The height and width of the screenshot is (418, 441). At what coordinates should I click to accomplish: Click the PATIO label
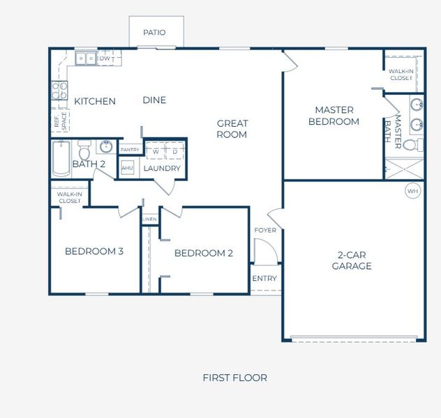coord(154,32)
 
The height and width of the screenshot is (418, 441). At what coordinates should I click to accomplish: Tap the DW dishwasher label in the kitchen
coord(105,59)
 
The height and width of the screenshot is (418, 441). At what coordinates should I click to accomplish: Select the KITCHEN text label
coord(95,101)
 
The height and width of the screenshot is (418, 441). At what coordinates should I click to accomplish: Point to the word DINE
coord(154,100)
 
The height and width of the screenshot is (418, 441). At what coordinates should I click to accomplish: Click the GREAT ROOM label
coord(232,129)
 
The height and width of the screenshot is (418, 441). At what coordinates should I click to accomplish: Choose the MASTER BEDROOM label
coord(334,116)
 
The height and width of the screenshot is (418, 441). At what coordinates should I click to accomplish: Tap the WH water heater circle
coord(412,190)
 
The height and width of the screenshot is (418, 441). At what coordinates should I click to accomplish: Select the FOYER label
coord(264,231)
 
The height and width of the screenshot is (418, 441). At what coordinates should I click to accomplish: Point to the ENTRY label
coord(264,279)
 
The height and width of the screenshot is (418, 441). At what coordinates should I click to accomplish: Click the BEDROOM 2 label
coord(204,253)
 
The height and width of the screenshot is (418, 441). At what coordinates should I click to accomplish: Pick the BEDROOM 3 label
coord(94,251)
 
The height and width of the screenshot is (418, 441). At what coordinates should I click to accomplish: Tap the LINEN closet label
coord(149,219)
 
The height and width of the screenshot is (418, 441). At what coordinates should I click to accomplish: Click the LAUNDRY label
coord(162,169)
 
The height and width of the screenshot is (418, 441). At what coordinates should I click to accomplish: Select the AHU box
coord(127,168)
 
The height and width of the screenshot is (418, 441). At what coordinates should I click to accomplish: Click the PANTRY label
coord(130,150)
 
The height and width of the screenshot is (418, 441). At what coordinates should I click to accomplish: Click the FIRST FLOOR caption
coord(234,378)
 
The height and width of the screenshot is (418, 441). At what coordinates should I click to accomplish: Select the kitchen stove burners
coord(58,91)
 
